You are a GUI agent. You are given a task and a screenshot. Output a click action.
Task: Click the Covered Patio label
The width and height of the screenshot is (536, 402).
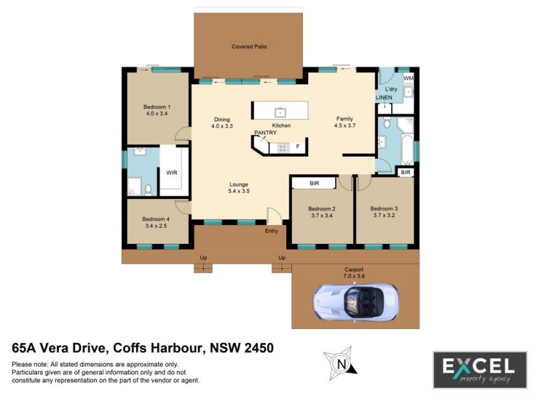249,46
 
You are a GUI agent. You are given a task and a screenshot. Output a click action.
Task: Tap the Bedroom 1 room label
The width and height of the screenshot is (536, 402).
157,107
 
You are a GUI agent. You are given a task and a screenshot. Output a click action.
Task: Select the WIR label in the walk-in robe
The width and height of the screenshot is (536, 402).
172,172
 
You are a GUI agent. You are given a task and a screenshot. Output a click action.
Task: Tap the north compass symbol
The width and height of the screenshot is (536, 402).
342,364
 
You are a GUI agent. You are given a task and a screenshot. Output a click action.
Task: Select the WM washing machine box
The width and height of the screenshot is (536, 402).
408,79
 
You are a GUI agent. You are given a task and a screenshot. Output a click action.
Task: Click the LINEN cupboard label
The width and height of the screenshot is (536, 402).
383,98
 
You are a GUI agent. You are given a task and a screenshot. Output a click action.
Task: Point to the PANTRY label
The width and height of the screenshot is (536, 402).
265,133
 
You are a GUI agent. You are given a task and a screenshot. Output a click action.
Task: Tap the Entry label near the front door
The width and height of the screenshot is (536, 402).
271,230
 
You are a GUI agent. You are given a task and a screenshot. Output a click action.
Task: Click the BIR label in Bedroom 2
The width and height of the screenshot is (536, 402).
314,183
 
